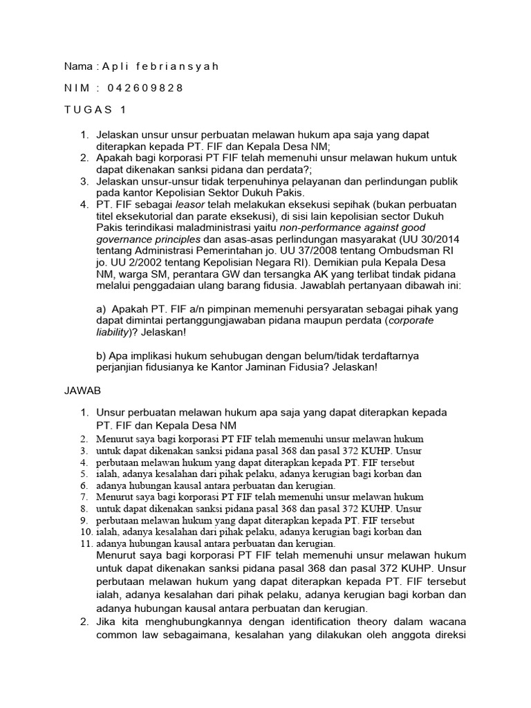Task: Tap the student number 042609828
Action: pos(145,88)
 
